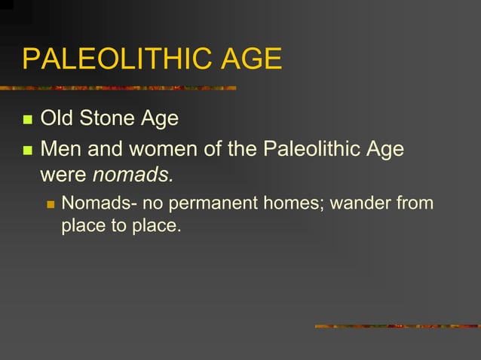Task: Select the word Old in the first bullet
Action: click(54, 119)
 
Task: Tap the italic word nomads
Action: click(133, 175)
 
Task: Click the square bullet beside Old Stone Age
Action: click(28, 120)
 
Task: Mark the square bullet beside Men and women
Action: click(28, 150)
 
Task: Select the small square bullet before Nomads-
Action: click(51, 204)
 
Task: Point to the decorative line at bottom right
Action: click(397, 326)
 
